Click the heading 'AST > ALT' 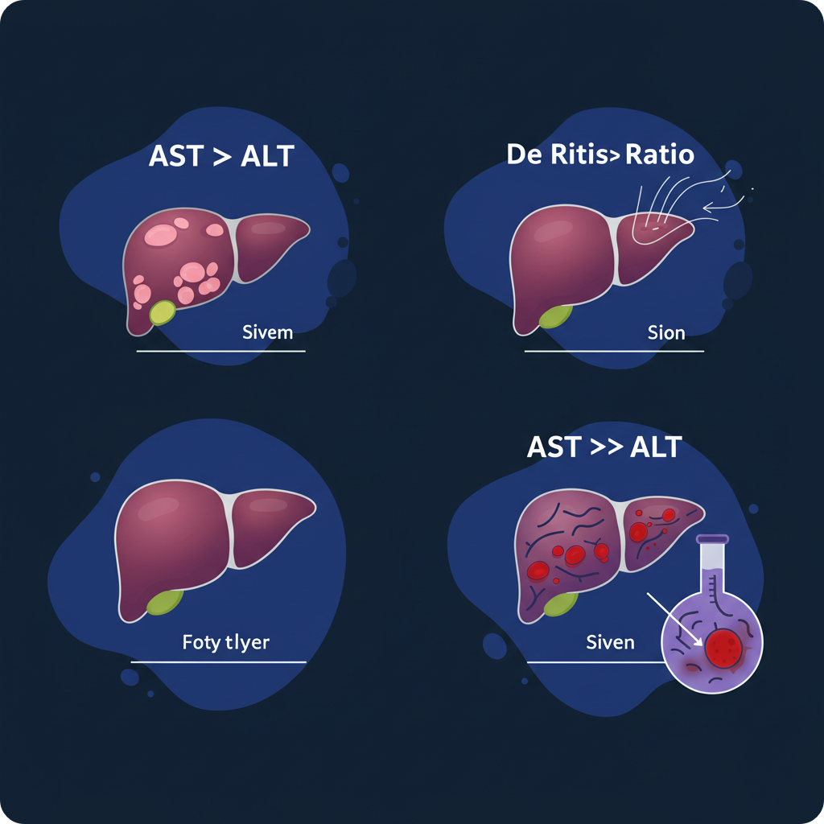(x=221, y=157)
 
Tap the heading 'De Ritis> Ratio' (x=600, y=154)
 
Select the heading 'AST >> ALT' (x=604, y=447)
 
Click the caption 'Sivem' (x=268, y=332)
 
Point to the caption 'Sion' (x=666, y=332)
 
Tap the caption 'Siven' (x=610, y=642)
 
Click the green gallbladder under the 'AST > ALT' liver (x=163, y=311)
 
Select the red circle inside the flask (x=726, y=649)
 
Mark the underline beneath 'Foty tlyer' (x=219, y=662)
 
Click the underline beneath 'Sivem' (x=220, y=352)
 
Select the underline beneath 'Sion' (x=613, y=352)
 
